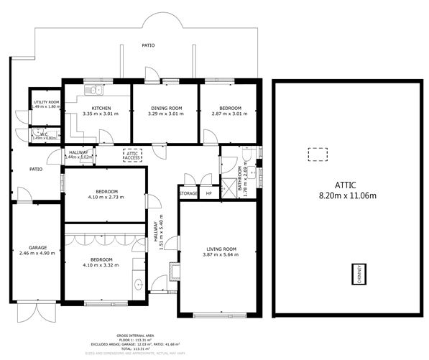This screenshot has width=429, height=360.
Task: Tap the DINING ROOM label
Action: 165,108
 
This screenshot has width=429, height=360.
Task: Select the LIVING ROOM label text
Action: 220,249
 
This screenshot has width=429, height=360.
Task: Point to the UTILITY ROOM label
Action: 46,102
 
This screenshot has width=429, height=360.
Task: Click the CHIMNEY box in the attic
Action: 357,274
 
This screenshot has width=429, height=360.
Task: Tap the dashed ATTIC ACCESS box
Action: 132,154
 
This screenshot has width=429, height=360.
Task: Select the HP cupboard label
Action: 209,194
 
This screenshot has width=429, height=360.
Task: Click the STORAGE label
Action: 188,194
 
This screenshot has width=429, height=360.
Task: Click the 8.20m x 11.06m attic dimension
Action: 342,195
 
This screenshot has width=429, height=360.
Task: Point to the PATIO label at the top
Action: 148,45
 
